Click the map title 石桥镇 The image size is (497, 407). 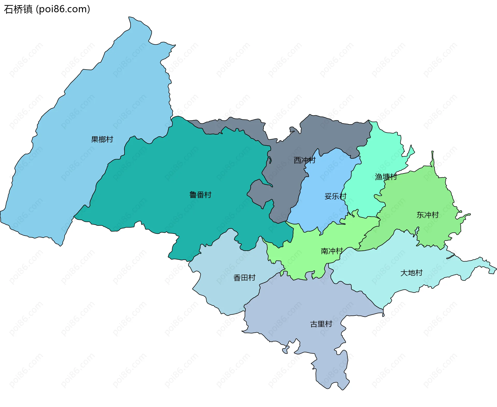click(x=18, y=9)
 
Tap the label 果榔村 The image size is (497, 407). click(x=102, y=140)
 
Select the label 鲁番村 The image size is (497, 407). click(x=200, y=195)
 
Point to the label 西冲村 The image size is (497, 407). click(x=304, y=160)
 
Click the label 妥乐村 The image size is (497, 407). click(x=335, y=196)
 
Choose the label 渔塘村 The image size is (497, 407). click(x=386, y=177)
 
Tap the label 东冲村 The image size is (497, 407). click(x=427, y=215)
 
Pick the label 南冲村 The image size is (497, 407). click(x=332, y=251)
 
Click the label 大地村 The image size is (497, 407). click(x=411, y=273)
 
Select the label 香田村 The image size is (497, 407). click(x=244, y=278)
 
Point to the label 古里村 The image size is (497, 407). click(x=321, y=324)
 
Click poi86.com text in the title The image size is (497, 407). click(x=63, y=9)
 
